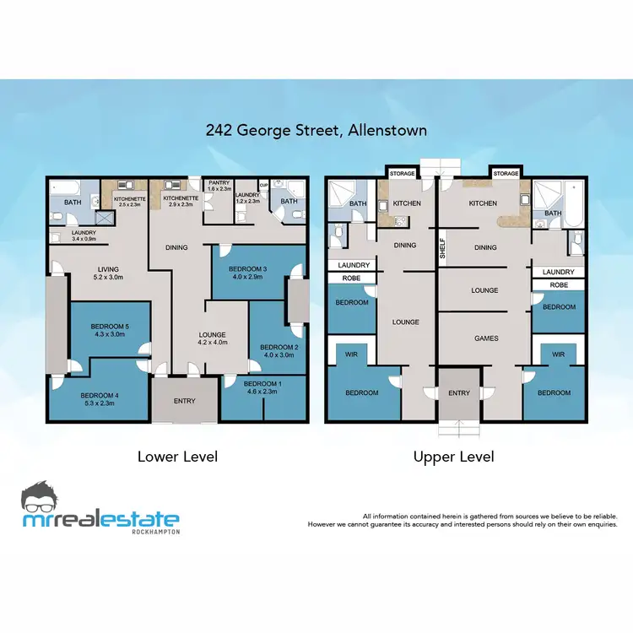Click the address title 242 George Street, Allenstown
[x=316, y=131]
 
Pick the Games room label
[x=486, y=338]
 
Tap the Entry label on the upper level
[x=459, y=393]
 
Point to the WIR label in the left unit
[x=352, y=354]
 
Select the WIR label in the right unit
[x=558, y=354]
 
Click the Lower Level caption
[x=177, y=457]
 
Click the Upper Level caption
[x=453, y=457]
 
